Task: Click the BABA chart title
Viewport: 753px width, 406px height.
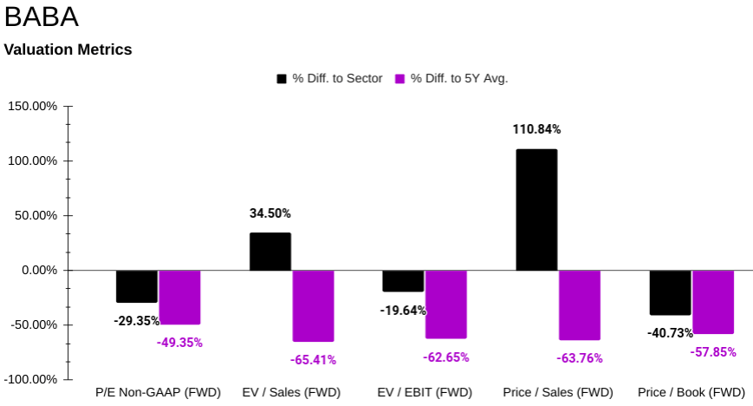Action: tap(41, 17)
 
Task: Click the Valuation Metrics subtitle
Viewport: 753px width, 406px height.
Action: tap(68, 49)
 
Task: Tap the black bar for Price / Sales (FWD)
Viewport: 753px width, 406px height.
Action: tap(536, 209)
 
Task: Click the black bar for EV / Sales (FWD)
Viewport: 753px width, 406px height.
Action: tap(270, 252)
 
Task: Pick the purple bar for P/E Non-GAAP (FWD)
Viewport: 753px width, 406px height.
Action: tap(179, 297)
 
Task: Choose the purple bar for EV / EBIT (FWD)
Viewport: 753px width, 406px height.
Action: tap(445, 304)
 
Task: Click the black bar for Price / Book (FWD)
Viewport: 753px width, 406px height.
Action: tap(670, 292)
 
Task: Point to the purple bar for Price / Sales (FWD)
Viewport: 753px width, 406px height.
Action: tap(579, 304)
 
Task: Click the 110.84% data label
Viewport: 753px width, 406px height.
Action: tap(536, 129)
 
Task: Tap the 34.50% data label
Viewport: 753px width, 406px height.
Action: tap(270, 213)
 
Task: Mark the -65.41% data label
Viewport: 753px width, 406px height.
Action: tap(313, 359)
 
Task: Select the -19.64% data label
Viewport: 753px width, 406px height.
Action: tap(403, 311)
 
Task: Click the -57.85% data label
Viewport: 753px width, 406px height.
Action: tap(712, 351)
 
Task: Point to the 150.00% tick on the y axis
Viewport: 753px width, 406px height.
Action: tap(32, 106)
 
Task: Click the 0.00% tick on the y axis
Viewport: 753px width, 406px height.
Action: tap(38, 270)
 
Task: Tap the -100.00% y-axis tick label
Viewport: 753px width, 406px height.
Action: tap(31, 379)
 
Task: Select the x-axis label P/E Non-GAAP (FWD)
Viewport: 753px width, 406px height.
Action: tap(158, 392)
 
